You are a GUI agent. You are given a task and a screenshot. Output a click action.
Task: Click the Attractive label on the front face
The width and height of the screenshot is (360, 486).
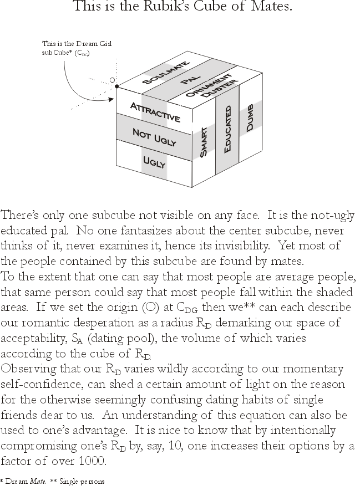click(x=155, y=112)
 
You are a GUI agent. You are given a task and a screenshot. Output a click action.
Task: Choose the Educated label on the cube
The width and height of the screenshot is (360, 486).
click(x=227, y=129)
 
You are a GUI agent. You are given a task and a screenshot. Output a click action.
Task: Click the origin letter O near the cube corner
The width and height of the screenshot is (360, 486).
click(x=112, y=81)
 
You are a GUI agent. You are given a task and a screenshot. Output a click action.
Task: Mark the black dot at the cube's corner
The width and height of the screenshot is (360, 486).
click(x=117, y=86)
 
